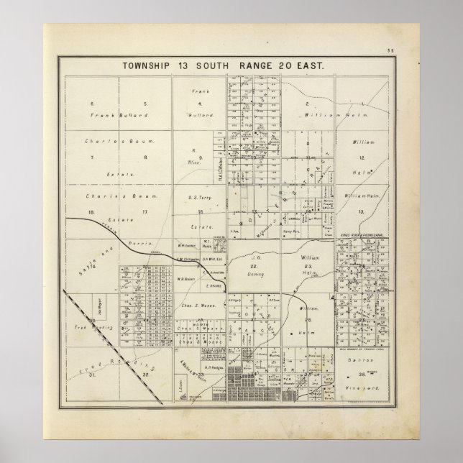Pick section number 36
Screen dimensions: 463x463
(x=365, y=375)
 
